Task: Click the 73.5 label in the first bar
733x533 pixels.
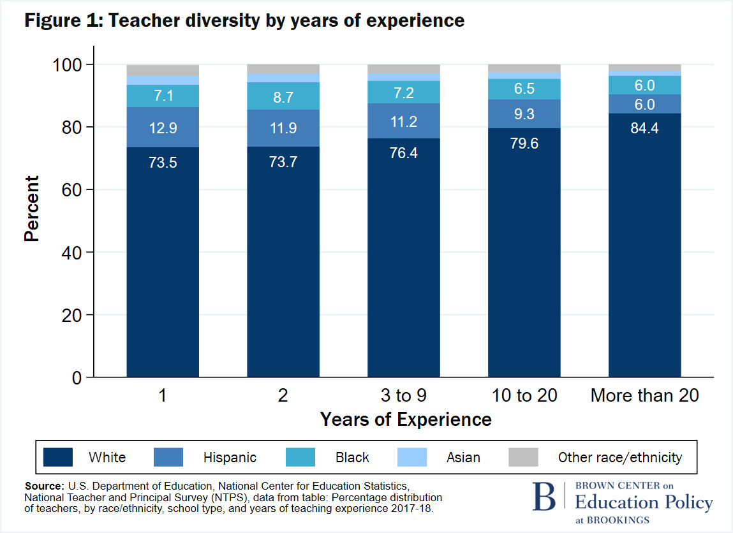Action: coord(163,163)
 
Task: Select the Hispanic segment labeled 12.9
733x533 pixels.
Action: coord(163,128)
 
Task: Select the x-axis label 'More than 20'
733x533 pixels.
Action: coord(644,395)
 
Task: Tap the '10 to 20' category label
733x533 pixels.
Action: coord(524,395)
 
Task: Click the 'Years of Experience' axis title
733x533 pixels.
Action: coord(406,420)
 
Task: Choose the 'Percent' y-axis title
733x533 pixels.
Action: coord(31,208)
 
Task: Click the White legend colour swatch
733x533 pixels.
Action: coord(57,457)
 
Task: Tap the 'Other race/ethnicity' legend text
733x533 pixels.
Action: coord(619,457)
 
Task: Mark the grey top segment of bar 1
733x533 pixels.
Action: coord(163,70)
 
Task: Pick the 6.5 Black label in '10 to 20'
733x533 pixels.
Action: coord(524,89)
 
